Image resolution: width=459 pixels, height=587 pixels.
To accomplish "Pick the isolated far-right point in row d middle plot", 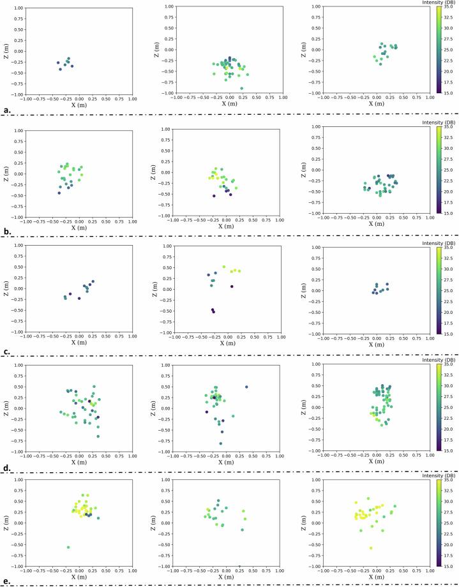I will (x=246, y=387).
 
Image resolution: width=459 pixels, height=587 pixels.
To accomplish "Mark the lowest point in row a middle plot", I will (x=241, y=88).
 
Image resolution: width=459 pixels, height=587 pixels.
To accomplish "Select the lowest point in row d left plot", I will (x=98, y=436).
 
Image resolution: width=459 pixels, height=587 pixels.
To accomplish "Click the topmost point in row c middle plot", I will (x=223, y=267).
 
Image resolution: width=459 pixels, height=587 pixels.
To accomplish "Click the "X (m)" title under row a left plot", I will (x=79, y=105).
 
